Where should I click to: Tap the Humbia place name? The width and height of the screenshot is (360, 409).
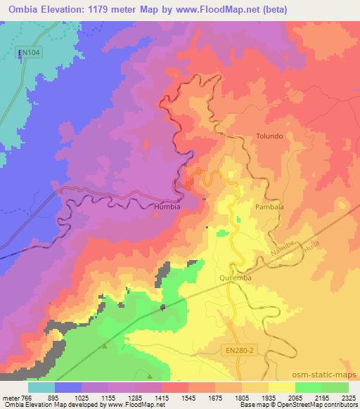point(167,207)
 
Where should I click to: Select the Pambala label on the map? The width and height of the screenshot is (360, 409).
point(268,208)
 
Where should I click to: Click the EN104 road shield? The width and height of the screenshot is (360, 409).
point(27,52)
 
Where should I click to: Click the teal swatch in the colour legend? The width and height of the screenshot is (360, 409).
point(41,387)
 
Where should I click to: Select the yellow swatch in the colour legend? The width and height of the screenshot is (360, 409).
point(281,387)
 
